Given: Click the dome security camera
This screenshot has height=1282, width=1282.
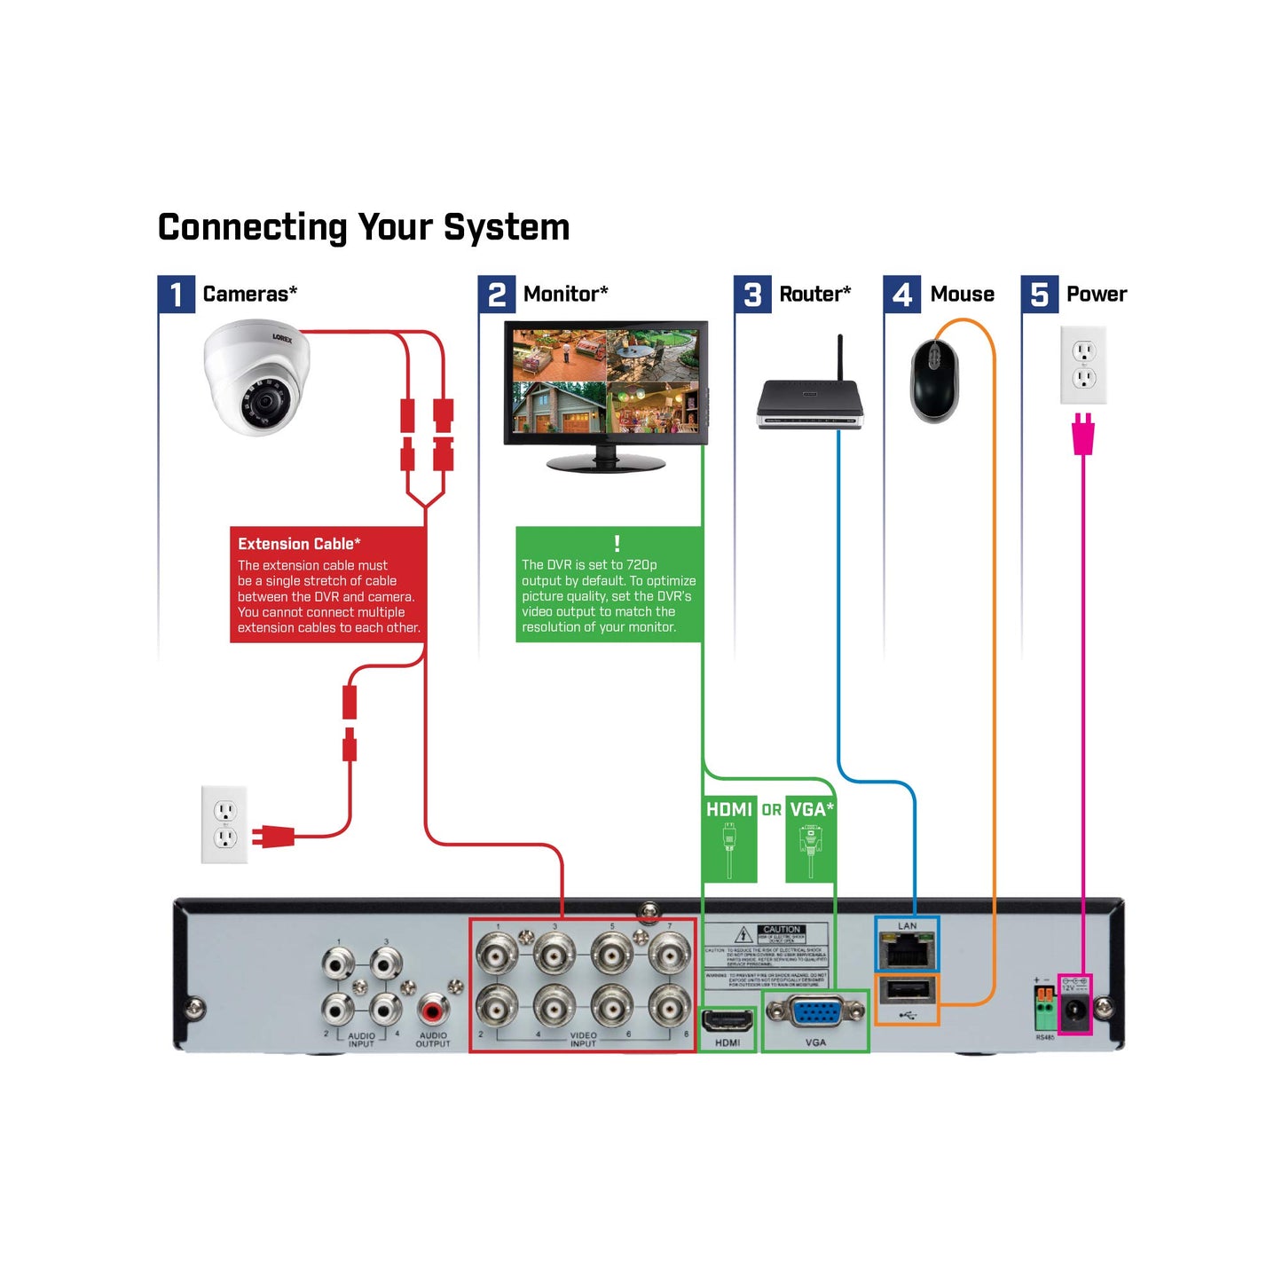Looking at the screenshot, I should tap(255, 380).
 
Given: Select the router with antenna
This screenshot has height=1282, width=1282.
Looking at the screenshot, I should tap(809, 404).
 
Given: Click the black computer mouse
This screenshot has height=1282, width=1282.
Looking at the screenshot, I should tap(934, 381).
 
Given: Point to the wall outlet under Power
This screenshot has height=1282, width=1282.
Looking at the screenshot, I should tap(1083, 365).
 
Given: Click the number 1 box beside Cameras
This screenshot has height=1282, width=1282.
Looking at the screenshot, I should tap(176, 294).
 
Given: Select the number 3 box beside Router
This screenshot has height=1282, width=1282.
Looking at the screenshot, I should tap(752, 294).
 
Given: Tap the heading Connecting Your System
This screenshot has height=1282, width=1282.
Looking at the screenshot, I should tap(363, 227).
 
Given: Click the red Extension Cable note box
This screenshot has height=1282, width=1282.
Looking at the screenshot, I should tap(327, 584).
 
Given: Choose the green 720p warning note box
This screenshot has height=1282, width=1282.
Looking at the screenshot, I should tap(609, 584).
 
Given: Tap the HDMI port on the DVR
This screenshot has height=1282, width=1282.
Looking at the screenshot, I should tap(728, 1019).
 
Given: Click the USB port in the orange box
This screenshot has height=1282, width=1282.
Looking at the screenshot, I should tap(907, 990).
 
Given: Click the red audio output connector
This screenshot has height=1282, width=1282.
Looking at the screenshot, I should tap(433, 1009).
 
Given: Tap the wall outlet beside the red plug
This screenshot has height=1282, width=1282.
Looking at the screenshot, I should tap(224, 824).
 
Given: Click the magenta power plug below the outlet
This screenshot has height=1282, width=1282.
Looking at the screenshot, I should tap(1082, 435).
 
